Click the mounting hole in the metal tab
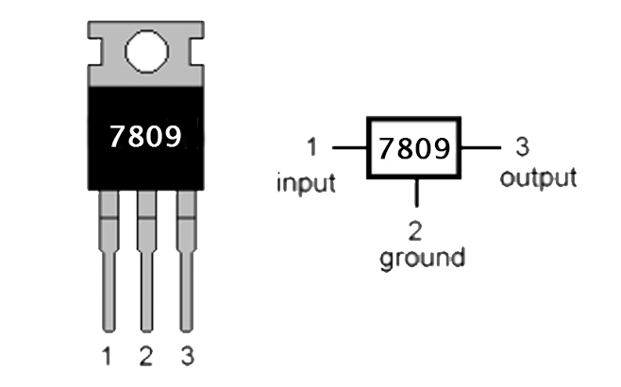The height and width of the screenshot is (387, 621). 145,53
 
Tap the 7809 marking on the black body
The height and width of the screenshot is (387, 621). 145,137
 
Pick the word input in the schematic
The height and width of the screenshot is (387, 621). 306,182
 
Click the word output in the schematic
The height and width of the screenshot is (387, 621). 538,178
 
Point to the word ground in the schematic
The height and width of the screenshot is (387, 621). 422,258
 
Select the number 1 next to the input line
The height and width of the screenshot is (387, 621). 313,148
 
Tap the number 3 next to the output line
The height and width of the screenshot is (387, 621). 521,147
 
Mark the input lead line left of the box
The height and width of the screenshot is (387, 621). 348,148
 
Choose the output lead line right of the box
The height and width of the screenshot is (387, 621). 481,148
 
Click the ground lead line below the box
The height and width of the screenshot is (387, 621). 416,192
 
